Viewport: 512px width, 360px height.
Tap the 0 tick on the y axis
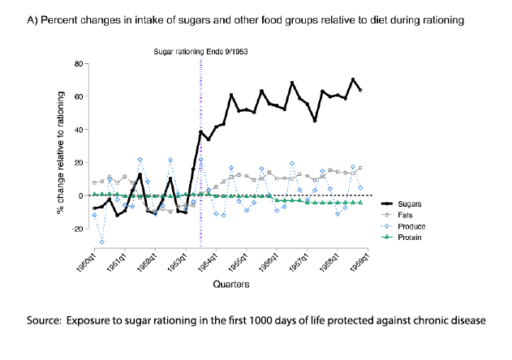[78, 195]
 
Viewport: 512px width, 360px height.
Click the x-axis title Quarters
[230, 285]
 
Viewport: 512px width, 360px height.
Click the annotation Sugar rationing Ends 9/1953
[200, 51]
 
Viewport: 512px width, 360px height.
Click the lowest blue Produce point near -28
[101, 242]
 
